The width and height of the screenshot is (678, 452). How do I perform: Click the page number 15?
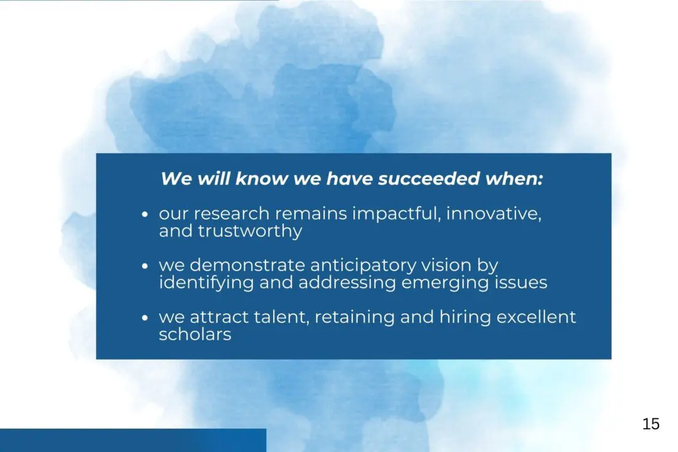651,424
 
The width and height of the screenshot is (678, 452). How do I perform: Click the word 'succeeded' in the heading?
429,179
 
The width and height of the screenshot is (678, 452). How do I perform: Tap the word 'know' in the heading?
261,179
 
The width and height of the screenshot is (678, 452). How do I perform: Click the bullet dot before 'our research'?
145,214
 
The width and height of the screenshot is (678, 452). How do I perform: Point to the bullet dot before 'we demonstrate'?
145,266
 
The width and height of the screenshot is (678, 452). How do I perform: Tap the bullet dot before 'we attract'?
145,318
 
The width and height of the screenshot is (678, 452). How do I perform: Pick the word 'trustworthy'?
250,231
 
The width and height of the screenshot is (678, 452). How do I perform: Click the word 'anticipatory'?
363,266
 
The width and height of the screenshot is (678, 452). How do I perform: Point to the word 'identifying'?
207,283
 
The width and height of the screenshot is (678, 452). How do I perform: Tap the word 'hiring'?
465,318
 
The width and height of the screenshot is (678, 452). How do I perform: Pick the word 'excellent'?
536,317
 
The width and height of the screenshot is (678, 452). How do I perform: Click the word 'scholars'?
195,335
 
